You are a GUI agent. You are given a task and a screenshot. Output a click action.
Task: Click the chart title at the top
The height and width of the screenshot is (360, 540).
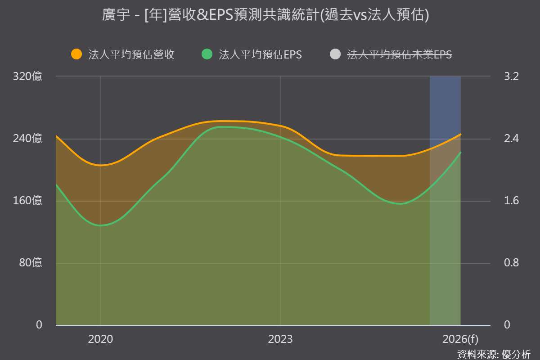(265, 15)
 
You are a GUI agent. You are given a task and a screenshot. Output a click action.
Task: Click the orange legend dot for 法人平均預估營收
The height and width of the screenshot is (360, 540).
(76, 54)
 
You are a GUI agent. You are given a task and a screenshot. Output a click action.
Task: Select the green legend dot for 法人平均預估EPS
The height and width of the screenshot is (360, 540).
(207, 54)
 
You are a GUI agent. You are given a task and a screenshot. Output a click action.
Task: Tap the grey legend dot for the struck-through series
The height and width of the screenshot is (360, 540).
(335, 54)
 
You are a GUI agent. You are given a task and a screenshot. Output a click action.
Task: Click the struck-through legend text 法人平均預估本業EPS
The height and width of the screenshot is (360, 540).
(400, 54)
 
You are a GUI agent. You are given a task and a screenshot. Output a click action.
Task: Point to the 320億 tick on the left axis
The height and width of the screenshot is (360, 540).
(27, 76)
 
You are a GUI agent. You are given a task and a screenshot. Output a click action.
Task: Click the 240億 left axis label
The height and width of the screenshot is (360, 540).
(27, 139)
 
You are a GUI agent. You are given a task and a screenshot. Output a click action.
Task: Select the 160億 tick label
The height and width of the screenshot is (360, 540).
(27, 201)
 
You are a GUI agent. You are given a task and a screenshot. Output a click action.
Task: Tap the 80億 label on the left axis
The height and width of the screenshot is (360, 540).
(31, 263)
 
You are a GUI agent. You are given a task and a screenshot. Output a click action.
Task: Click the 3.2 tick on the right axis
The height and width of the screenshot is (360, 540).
(511, 76)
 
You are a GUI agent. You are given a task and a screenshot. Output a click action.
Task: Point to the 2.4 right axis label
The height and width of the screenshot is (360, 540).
(511, 139)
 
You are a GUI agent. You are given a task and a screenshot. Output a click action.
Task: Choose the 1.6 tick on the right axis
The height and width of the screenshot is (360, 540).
(511, 201)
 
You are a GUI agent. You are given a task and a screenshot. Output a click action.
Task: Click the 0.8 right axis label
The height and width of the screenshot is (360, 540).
(511, 263)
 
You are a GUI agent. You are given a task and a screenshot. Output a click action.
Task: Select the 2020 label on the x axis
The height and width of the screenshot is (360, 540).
(100, 339)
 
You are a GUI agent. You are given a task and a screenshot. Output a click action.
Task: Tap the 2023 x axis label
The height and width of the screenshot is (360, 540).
(280, 339)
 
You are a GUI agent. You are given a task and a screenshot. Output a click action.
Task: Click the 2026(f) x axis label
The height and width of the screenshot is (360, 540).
(460, 339)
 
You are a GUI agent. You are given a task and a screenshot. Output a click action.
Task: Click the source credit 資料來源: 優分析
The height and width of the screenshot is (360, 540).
(494, 355)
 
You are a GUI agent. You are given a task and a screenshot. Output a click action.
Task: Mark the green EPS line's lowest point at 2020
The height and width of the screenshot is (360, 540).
(100, 225)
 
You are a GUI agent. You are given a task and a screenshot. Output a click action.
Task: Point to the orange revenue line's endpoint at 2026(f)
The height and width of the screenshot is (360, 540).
(460, 134)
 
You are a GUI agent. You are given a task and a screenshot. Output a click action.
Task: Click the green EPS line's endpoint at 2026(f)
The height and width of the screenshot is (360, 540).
(460, 153)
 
